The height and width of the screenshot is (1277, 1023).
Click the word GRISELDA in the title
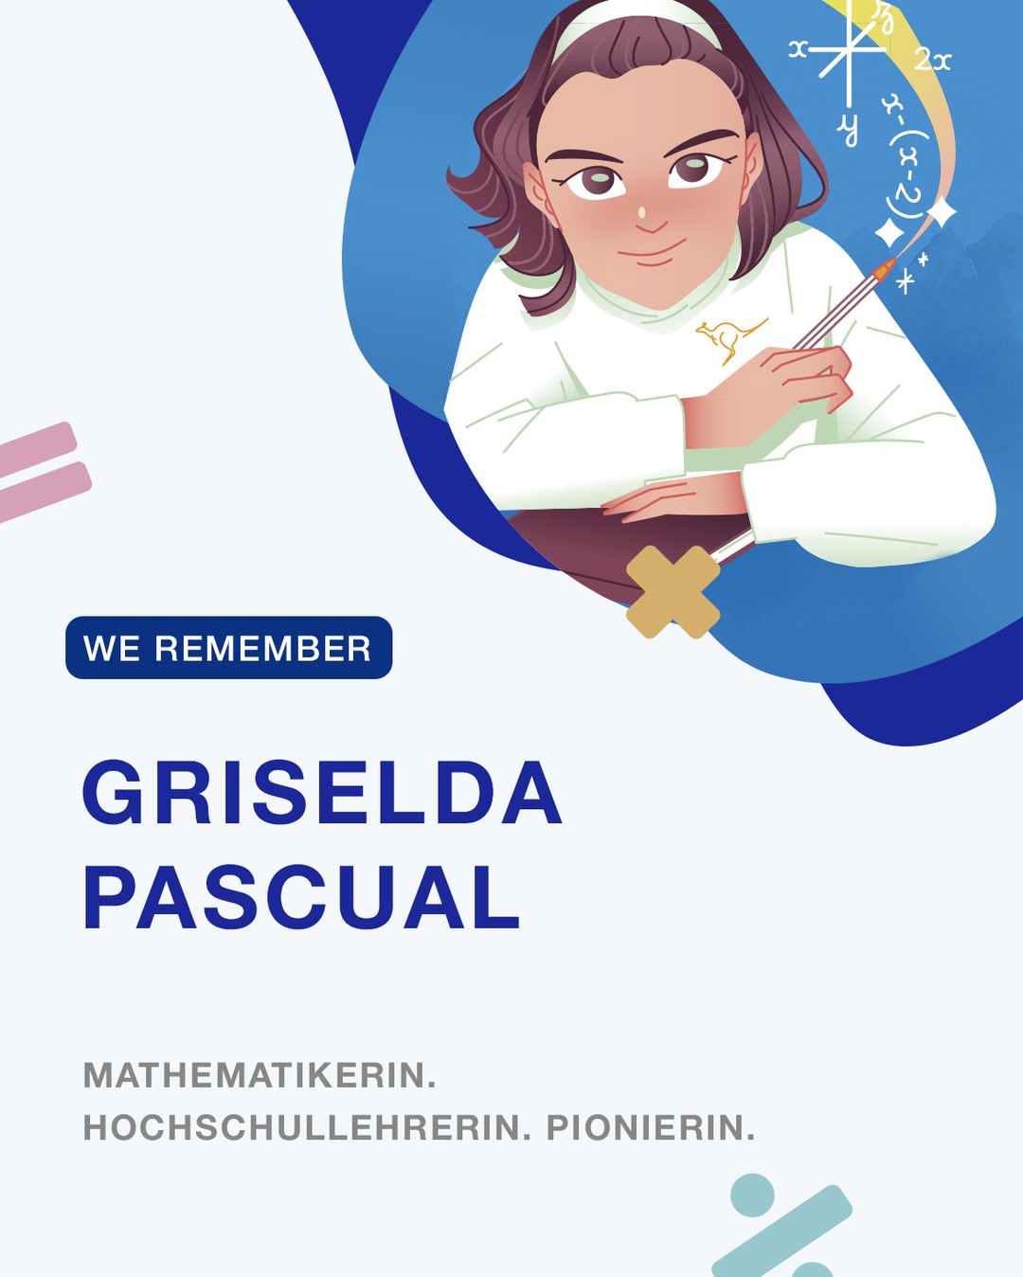322,793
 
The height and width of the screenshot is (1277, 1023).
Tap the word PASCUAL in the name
301,897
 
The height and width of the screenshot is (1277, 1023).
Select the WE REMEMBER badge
228,648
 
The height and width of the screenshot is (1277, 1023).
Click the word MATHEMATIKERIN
260,1075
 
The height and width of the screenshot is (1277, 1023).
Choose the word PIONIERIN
651,1127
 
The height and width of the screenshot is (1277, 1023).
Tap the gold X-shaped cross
673,591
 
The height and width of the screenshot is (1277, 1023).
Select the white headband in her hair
635,21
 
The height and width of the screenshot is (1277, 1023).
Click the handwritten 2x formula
932,61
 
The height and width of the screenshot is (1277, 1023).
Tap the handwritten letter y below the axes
849,128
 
